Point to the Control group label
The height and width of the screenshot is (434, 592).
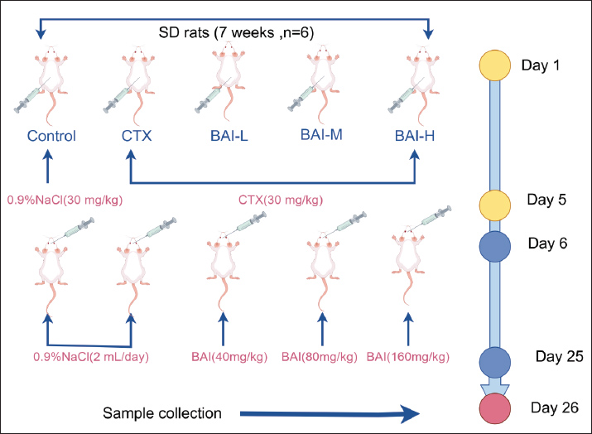coord(51,136)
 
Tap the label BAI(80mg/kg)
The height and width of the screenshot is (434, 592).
coord(320,358)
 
